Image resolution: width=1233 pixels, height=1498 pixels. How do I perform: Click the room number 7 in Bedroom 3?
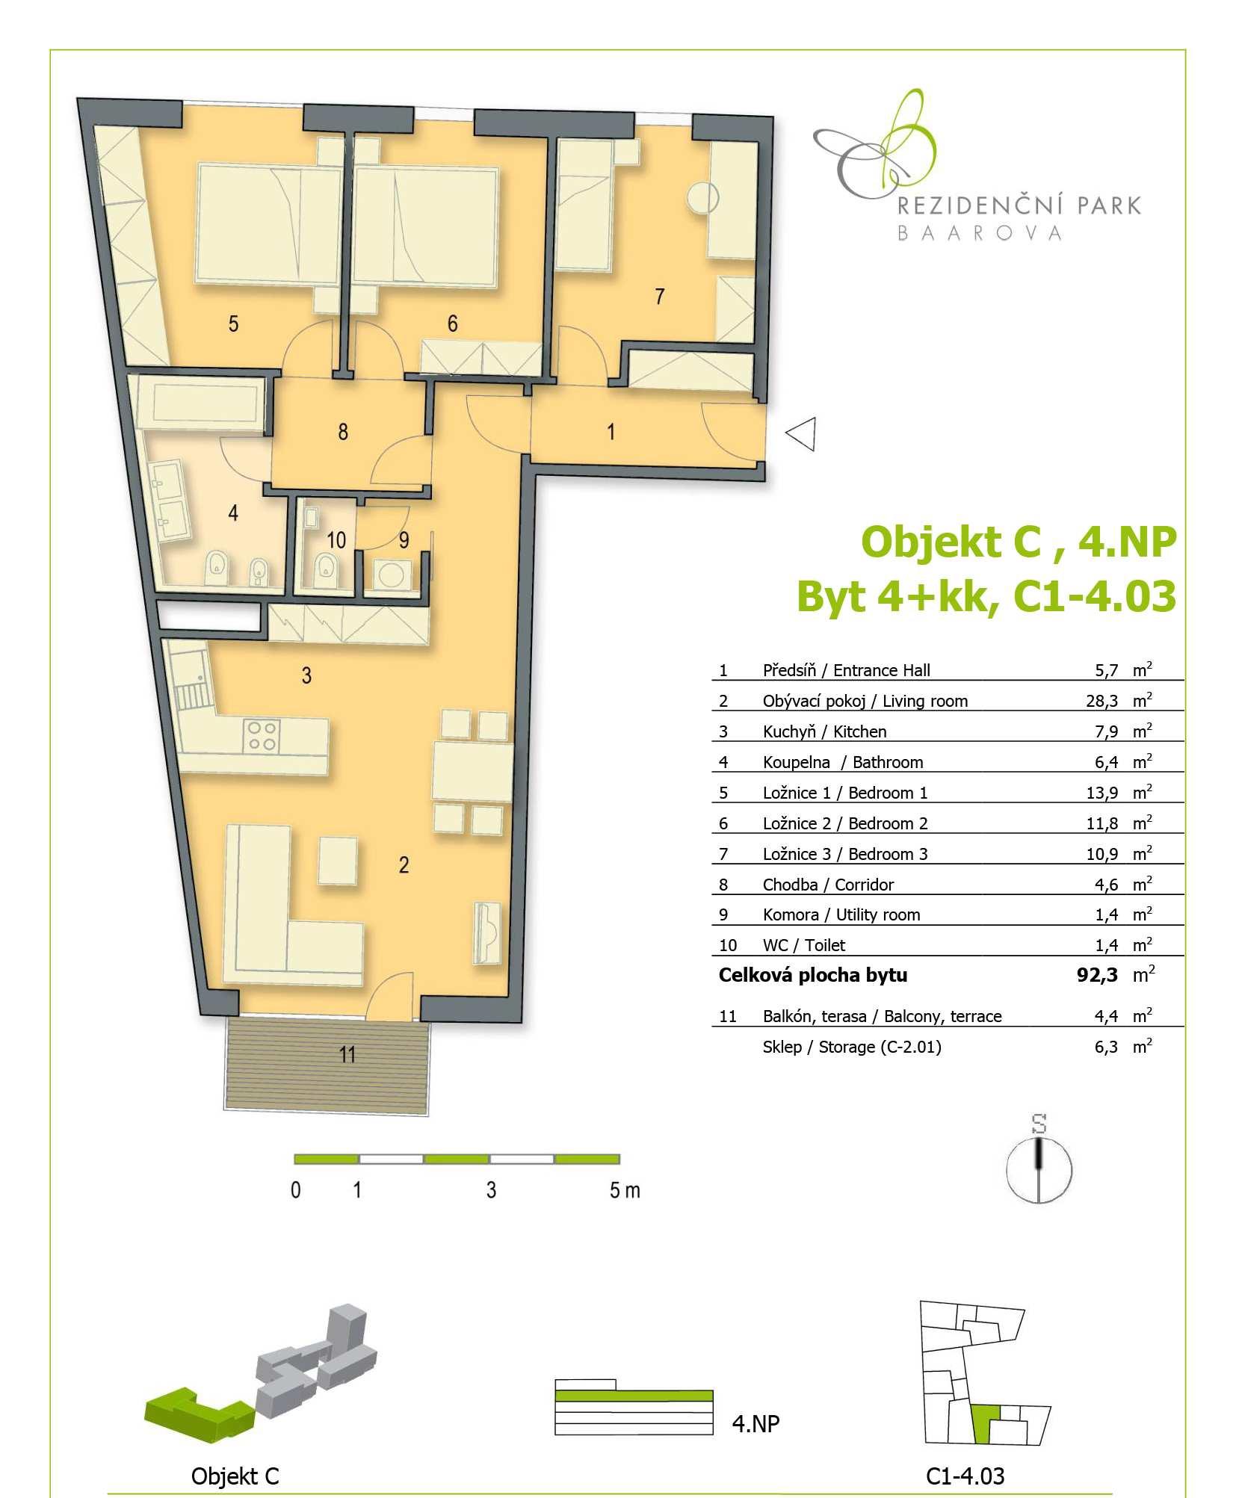point(659,297)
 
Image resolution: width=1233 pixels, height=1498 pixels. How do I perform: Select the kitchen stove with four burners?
point(262,735)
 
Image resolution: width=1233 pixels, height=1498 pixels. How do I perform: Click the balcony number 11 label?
point(347,1054)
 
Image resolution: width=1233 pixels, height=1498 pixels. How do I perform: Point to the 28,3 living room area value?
point(1106,701)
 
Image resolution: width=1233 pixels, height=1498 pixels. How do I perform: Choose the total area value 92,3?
point(1098,975)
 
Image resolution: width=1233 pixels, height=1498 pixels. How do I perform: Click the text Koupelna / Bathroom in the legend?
point(843,762)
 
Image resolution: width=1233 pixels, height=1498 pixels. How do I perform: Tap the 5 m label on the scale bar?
point(625,1190)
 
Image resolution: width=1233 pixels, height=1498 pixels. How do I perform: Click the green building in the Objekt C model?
point(198,1414)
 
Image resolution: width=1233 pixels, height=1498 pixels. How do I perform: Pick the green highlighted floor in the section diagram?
point(634,1396)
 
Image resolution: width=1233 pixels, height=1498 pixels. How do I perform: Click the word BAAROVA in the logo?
point(979,234)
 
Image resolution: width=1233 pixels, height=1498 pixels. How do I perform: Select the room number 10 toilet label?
point(336,539)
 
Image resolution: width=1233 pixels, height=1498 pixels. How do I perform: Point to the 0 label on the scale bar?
point(296,1190)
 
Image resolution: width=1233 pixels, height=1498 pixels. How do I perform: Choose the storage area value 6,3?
point(1106,1047)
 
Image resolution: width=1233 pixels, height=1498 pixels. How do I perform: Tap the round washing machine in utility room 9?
point(392,575)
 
